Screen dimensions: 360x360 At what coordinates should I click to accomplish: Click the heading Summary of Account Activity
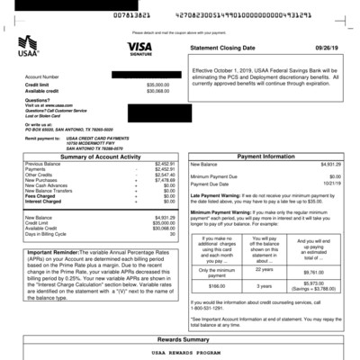click(x=97, y=157)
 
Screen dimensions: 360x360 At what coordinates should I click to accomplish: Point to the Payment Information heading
click(x=274, y=156)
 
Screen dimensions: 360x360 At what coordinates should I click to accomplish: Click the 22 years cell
click(x=265, y=269)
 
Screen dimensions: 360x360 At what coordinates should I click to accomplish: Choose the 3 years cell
click(x=265, y=285)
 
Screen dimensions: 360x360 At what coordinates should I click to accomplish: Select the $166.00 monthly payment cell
click(x=216, y=285)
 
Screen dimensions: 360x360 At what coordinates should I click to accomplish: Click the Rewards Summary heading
click(x=180, y=339)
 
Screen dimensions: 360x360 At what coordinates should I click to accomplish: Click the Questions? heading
click(x=37, y=100)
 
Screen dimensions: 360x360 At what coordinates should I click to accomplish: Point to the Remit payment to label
click(x=43, y=137)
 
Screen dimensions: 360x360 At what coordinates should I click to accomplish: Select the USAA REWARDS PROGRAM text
click(x=180, y=354)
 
